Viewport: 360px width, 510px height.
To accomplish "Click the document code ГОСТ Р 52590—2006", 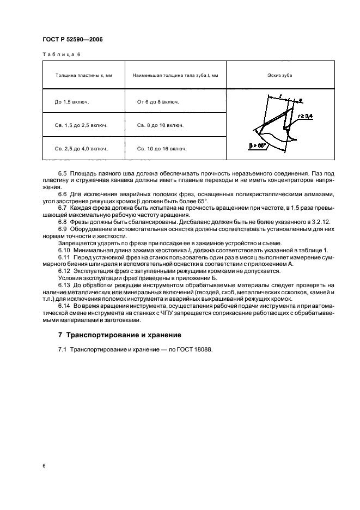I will [72, 39].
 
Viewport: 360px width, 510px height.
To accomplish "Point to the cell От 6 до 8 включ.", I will [158, 102].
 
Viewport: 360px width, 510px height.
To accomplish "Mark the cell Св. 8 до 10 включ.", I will [160, 125].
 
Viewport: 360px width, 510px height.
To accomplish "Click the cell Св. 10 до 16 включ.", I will [162, 148].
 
